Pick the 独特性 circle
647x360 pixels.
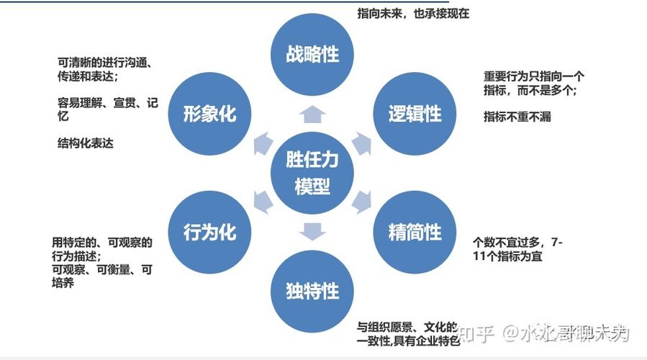coord(312,291)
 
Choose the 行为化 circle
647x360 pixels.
coord(209,232)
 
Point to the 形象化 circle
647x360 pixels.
coord(209,114)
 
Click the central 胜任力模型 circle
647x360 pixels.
coord(312,173)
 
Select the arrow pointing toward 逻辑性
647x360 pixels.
coord(361,143)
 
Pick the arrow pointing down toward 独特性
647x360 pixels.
coord(312,232)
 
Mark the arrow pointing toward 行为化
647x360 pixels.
coord(263,202)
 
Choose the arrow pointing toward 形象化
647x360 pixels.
coord(263,143)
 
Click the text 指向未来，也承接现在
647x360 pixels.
coord(413,14)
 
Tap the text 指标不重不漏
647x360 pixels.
coord(517,117)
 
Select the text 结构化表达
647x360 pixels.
coord(86,143)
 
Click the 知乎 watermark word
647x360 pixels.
coord(476,333)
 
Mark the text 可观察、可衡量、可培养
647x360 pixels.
coord(101,276)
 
